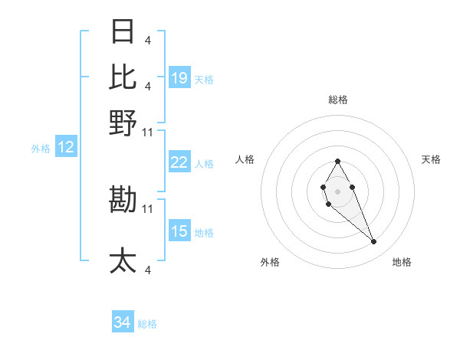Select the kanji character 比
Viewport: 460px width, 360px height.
(123, 77)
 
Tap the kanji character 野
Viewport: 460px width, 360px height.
(123, 123)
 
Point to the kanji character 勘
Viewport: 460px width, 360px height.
(123, 200)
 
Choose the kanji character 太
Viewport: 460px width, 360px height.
(123, 260)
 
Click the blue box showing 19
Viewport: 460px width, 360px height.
(179, 78)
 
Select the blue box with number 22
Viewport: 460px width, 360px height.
(179, 162)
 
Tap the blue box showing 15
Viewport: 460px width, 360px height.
(179, 231)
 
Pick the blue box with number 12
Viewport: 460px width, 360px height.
(66, 147)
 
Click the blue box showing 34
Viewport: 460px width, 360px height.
(123, 323)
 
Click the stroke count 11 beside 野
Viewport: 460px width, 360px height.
(148, 132)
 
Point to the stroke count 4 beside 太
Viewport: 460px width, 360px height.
(147, 270)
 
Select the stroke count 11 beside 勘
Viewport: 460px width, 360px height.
(148, 208)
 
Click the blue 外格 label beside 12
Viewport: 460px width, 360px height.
(41, 149)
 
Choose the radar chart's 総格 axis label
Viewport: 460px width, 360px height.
(337, 100)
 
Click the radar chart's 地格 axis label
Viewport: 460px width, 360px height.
(402, 263)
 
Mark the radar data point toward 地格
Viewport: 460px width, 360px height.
(374, 242)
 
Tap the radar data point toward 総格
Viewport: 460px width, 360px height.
(337, 161)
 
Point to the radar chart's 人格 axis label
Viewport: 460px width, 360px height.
(245, 159)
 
